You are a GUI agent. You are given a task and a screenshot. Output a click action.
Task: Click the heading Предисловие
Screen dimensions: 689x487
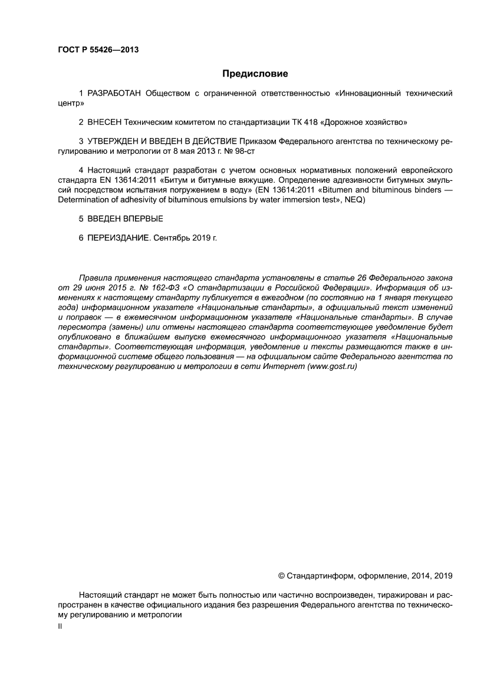click(255, 74)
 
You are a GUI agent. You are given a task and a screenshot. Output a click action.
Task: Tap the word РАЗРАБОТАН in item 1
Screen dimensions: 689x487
click(114, 93)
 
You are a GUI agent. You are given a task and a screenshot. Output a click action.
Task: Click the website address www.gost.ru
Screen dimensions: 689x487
click(332, 366)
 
